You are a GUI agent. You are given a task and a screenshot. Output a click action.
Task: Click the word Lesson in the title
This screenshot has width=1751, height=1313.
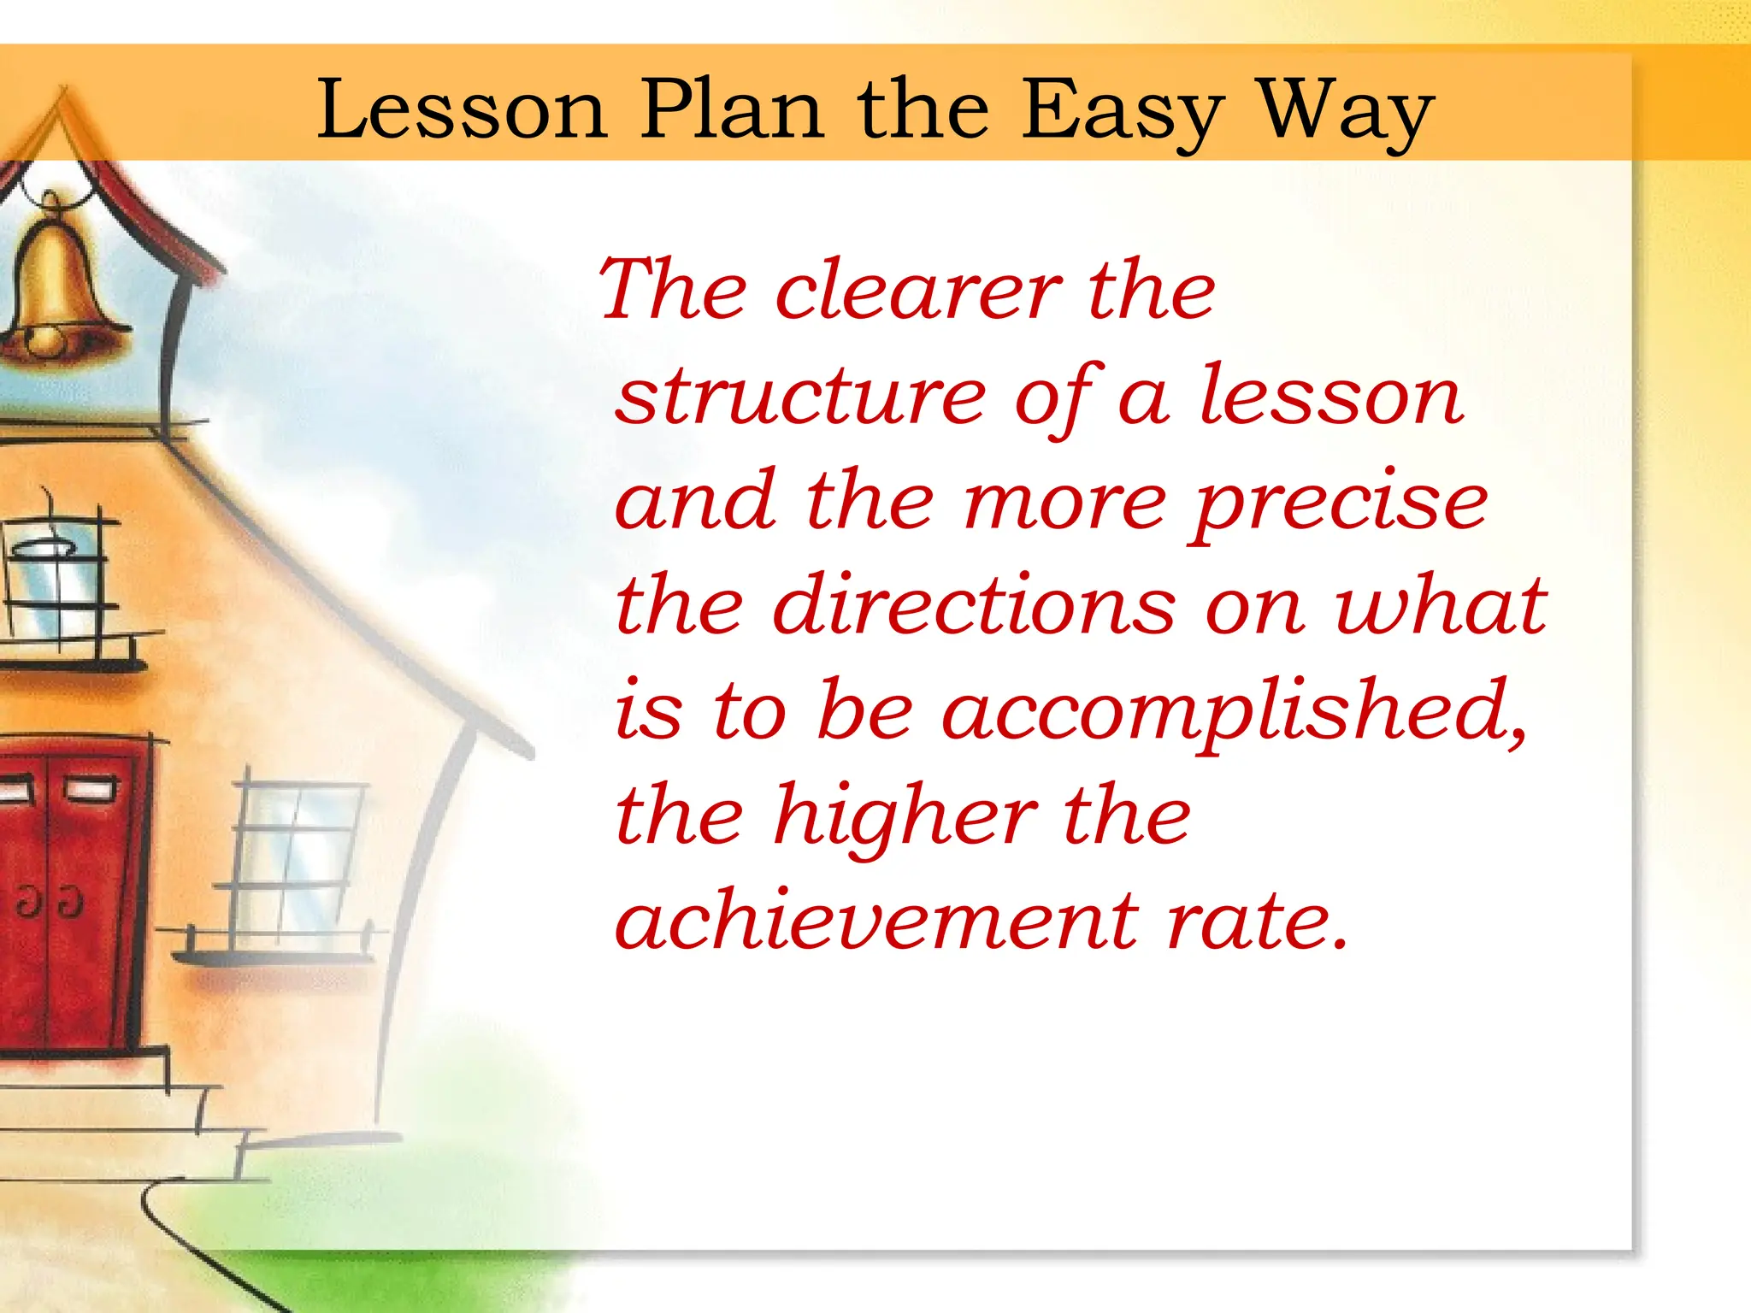pos(462,111)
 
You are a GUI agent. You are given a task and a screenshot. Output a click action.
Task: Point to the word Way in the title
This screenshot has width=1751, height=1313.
pos(1347,111)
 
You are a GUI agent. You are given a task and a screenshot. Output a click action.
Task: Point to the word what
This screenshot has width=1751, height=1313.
pos(1440,606)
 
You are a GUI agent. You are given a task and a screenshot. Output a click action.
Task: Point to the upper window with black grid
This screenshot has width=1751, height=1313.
pos(56,581)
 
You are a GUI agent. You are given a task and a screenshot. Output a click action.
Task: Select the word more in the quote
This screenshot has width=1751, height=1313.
pos(1064,504)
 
